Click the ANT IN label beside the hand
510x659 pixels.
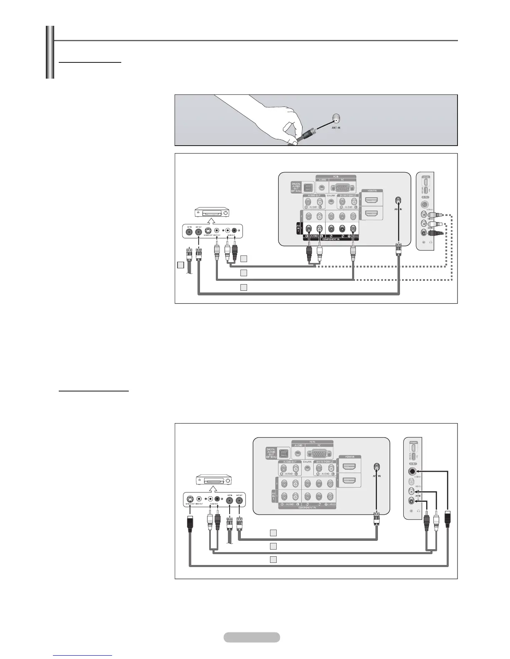pos(333,128)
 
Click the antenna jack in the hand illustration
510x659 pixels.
pos(336,118)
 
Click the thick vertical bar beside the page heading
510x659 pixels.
pos(50,52)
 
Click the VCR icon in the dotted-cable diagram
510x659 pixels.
pos(212,212)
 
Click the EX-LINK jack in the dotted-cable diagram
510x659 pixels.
pos(331,201)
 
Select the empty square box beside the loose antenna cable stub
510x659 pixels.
pos(180,265)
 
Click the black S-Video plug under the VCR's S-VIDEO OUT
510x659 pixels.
pos(190,523)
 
